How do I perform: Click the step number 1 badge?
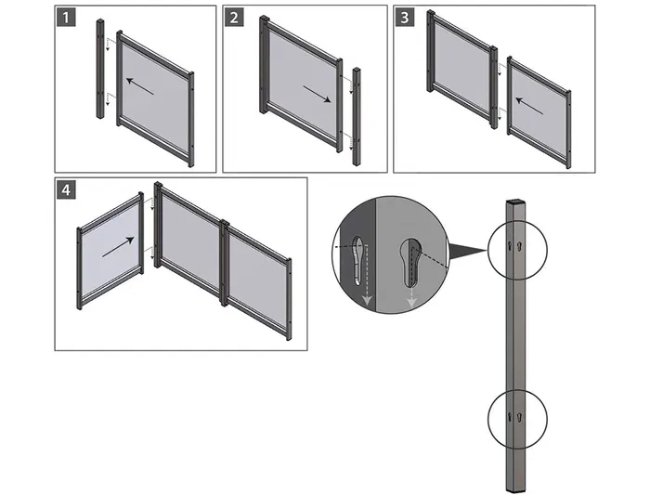click(67, 19)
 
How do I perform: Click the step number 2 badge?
click(235, 19)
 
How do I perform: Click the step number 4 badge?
click(67, 190)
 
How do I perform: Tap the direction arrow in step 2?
click(315, 96)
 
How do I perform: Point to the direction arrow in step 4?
click(119, 248)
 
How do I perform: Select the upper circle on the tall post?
click(517, 248)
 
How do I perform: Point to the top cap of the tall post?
click(516, 201)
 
